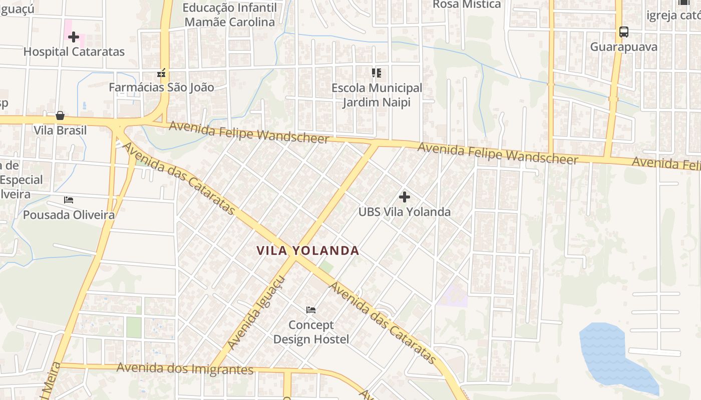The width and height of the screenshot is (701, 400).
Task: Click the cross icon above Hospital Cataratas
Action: tap(74, 36)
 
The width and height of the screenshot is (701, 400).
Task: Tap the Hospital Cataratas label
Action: tap(74, 51)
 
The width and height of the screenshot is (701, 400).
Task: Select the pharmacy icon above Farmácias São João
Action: tap(161, 73)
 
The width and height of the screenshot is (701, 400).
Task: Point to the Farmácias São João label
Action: tap(161, 87)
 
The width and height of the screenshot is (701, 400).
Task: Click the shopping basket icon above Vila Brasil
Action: tap(60, 116)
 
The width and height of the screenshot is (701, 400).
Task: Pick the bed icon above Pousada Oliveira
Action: tap(69, 200)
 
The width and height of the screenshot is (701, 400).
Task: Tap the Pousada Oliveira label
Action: tap(69, 215)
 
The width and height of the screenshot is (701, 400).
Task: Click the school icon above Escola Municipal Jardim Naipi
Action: tap(377, 73)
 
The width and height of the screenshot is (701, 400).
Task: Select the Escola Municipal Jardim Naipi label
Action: tap(377, 95)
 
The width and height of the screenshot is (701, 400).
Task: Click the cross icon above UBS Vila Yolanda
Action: tap(405, 197)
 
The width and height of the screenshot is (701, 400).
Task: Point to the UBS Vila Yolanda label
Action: tap(405, 211)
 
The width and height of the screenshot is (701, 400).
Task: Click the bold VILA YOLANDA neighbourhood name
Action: tap(308, 250)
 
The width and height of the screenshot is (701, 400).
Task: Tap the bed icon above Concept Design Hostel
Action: tap(311, 310)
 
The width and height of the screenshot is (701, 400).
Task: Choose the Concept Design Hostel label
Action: tap(311, 332)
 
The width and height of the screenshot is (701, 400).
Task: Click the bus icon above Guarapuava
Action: tap(623, 32)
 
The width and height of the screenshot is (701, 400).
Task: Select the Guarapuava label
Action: tap(623, 47)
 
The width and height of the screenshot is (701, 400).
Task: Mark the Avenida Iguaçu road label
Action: tap(255, 313)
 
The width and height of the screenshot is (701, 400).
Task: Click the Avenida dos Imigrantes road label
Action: tap(185, 369)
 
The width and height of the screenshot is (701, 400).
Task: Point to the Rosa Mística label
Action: tap(467, 4)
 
